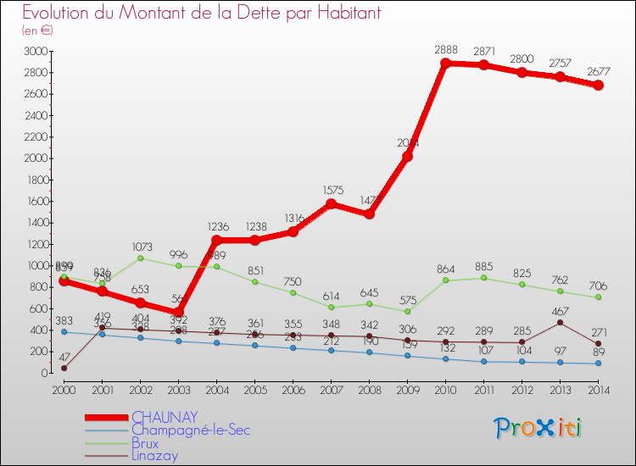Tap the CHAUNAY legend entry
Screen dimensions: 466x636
(165, 417)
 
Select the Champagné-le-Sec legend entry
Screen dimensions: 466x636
(190, 430)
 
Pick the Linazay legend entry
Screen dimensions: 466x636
(155, 456)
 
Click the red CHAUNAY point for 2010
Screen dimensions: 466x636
(445, 64)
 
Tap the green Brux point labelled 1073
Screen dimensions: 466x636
(140, 258)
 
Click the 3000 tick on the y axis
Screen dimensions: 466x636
(35, 52)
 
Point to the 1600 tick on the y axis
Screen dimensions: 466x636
(35, 202)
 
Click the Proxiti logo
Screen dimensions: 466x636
(538, 428)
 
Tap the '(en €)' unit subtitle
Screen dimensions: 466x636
(37, 31)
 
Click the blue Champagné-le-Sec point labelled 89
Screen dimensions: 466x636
(598, 363)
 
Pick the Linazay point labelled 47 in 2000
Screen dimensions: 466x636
(64, 368)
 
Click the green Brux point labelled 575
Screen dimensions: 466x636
(407, 311)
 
